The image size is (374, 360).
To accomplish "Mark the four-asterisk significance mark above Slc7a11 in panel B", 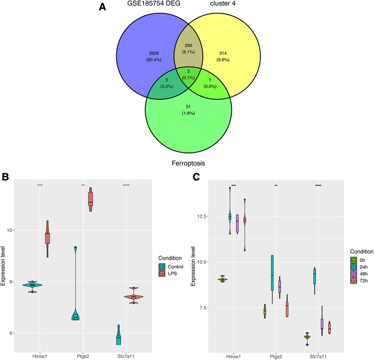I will [126, 185].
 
